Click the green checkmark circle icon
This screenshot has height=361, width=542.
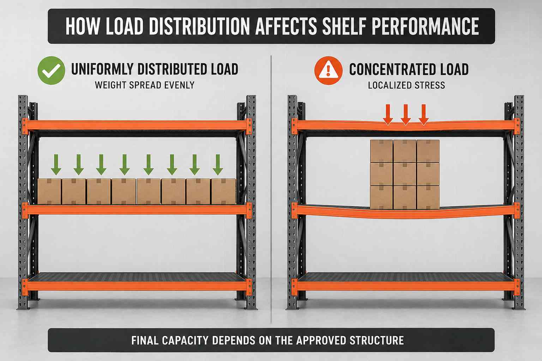pos(51,71)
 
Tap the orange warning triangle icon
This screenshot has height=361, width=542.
pos(329,71)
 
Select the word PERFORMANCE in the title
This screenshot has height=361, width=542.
pos(425,26)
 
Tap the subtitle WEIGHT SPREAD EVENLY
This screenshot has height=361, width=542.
pos(145,85)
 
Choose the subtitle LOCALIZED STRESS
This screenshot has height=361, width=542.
pos(406,85)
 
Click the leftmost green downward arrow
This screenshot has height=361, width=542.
pos(56,165)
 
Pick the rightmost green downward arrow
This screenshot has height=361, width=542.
pos(218,165)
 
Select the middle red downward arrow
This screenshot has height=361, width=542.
pos(406,115)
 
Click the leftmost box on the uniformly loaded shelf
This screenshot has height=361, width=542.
pos(49,191)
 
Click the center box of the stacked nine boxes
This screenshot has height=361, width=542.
pos(405,174)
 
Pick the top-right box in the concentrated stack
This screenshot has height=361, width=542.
pos(428,151)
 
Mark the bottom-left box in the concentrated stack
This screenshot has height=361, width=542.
pos(381,197)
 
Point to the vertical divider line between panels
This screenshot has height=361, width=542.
pos(271,189)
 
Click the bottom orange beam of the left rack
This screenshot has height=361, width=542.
pos(137,286)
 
